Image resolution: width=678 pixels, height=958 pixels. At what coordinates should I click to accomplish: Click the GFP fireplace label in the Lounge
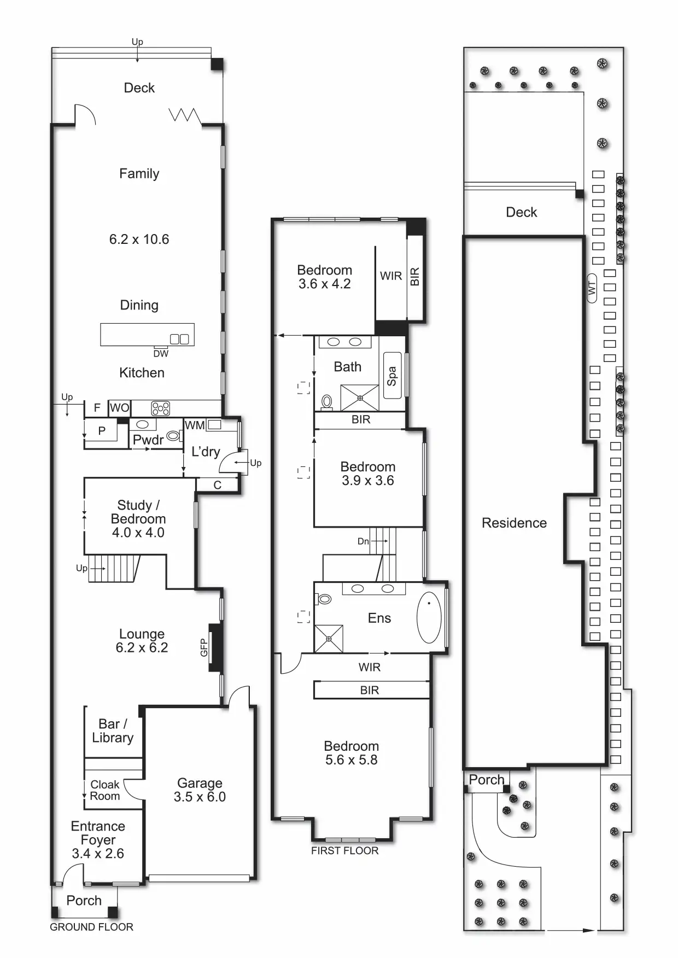(204, 647)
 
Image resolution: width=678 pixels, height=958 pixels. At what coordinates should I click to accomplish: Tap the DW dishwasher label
(161, 354)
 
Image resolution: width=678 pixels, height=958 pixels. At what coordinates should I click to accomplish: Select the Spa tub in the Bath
(392, 376)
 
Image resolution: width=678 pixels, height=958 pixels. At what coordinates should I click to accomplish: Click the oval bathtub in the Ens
(429, 617)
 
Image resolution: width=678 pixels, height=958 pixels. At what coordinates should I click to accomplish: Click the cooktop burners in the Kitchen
(160, 408)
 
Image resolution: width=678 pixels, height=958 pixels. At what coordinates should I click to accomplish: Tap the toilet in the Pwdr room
(173, 436)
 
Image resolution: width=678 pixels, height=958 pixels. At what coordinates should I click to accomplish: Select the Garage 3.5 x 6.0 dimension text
(200, 797)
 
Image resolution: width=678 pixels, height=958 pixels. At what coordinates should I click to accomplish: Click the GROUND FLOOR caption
(91, 927)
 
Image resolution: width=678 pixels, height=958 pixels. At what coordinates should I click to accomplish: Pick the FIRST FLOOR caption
(344, 850)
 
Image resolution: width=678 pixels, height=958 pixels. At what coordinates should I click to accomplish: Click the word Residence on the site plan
(514, 523)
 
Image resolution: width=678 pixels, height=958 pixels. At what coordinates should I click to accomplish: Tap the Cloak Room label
(104, 790)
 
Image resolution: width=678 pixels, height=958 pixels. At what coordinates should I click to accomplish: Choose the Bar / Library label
(113, 731)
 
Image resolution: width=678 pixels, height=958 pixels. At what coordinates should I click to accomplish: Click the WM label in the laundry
(195, 425)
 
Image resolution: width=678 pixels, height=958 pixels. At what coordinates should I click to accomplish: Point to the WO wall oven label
(119, 407)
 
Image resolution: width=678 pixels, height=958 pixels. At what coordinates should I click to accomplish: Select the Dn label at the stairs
(363, 541)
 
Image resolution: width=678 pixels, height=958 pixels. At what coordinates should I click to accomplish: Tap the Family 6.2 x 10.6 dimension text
(139, 239)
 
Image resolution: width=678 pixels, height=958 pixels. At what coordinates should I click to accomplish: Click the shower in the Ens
(329, 639)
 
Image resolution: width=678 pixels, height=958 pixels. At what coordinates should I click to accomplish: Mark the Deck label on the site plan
(521, 212)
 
